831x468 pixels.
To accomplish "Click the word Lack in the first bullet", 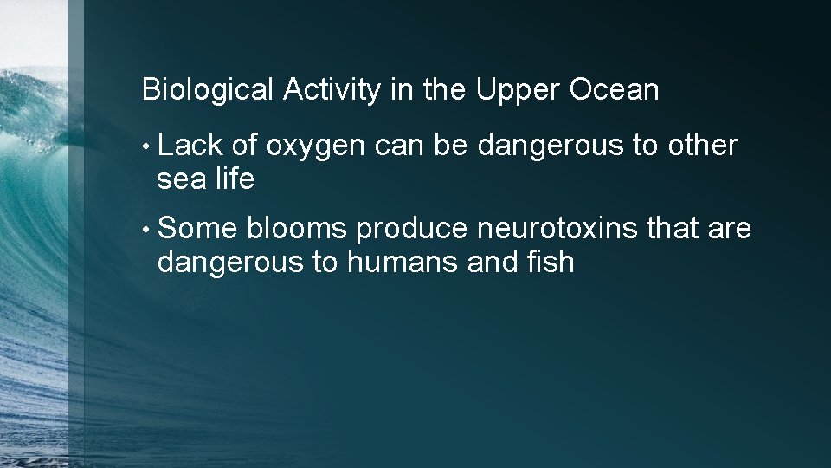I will pos(190,146).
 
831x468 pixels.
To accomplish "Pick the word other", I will pos(702,146).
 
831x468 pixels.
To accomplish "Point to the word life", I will pos(234,179).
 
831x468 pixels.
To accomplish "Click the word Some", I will pos(198,229).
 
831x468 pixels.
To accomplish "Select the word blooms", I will pos(297,229).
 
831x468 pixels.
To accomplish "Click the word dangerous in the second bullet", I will pos(230,262).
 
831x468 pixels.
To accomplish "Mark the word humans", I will pos(403,262).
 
